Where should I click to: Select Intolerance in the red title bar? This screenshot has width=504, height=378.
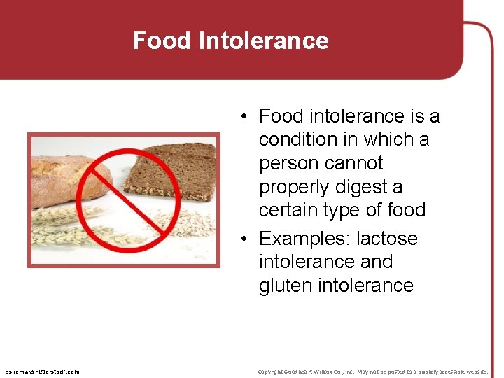(x=263, y=41)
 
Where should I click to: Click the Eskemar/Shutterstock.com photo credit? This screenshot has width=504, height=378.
(x=42, y=372)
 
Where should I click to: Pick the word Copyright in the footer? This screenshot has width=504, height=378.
(x=272, y=372)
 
